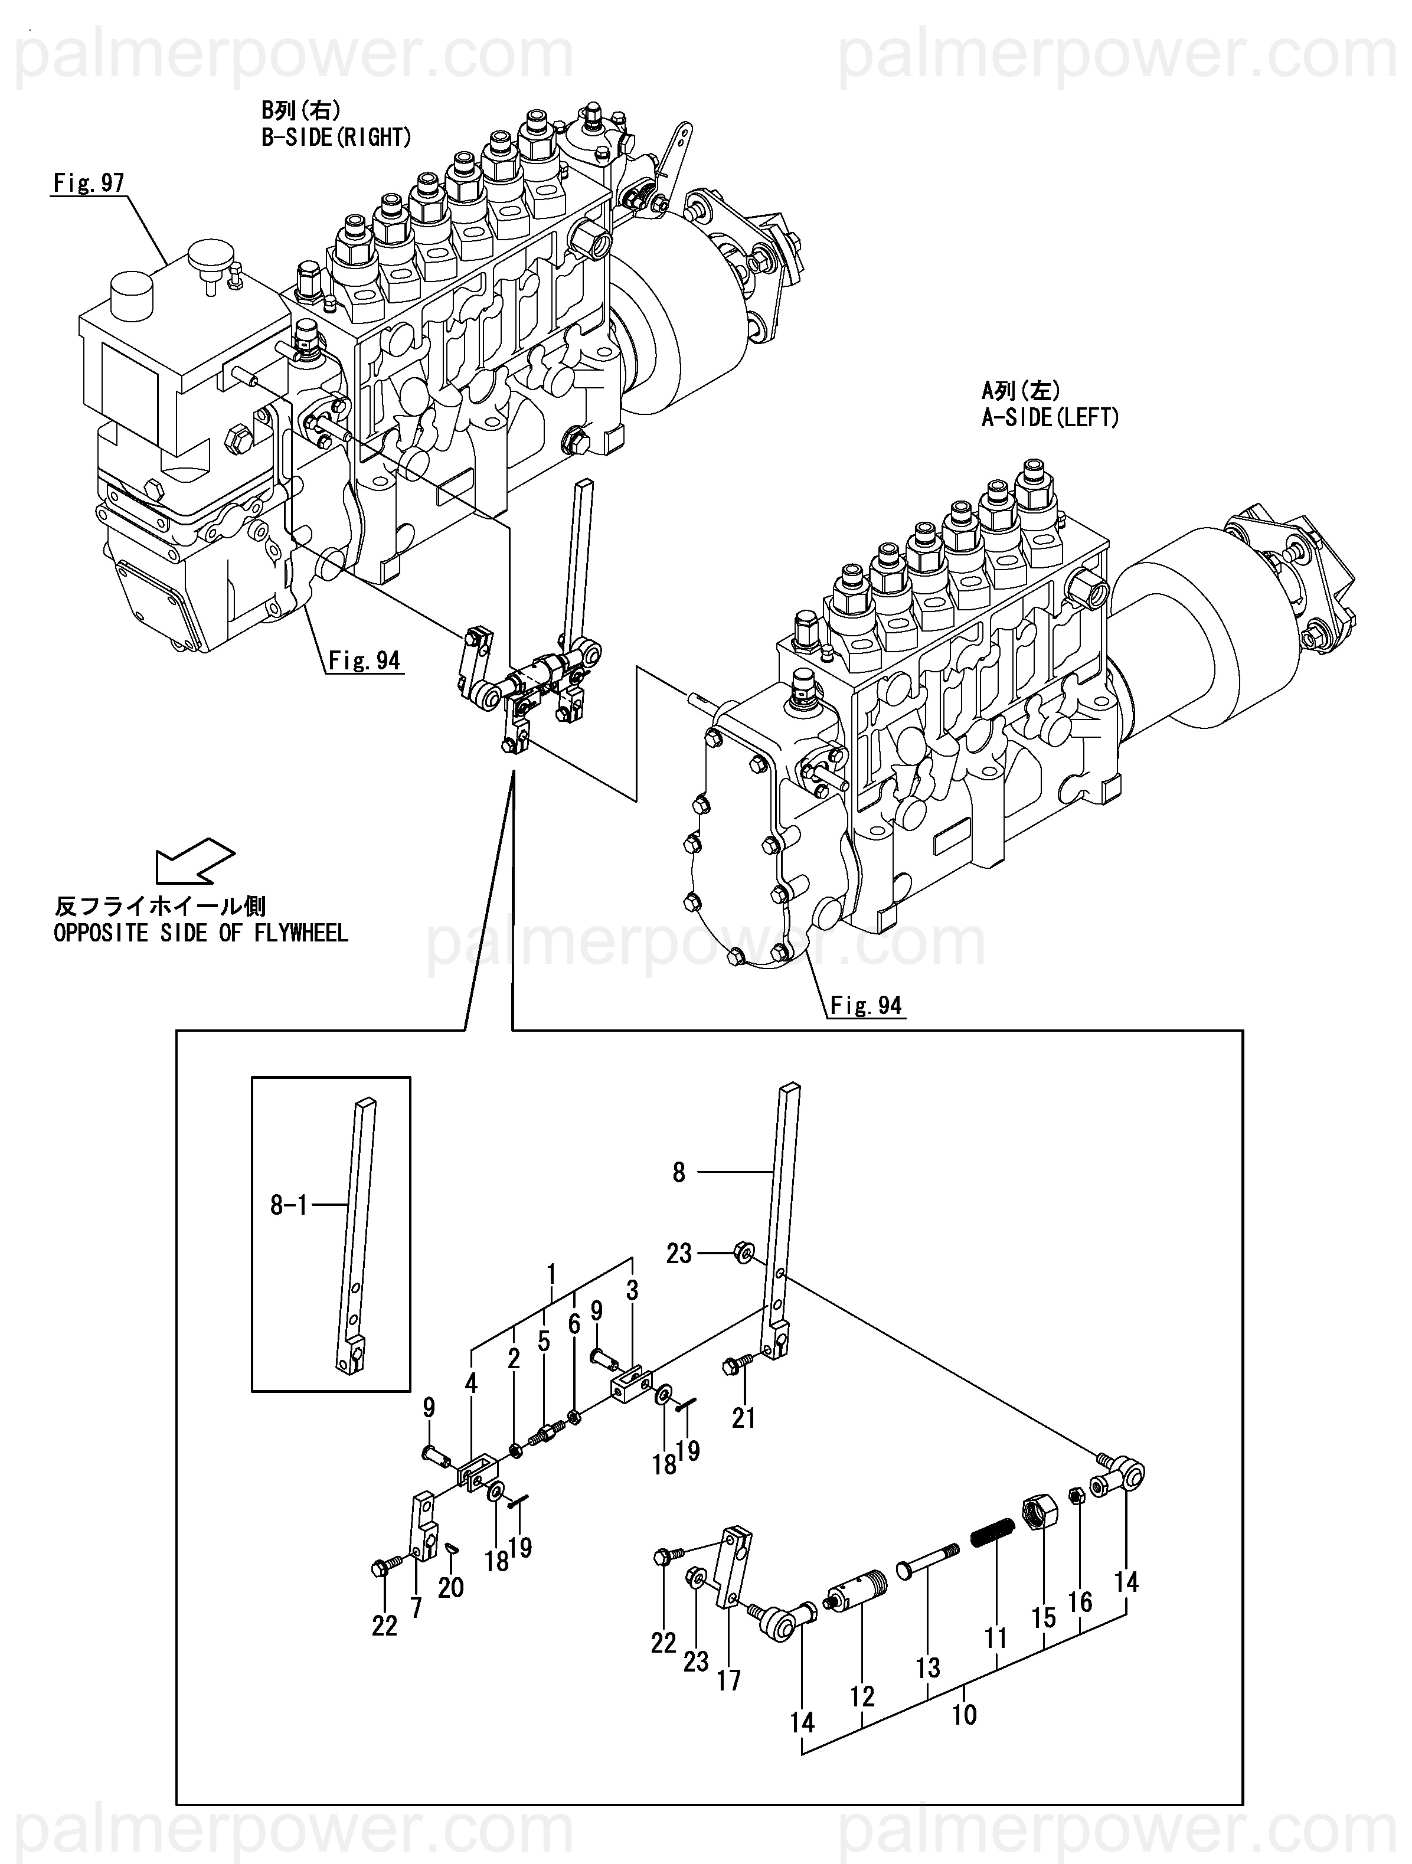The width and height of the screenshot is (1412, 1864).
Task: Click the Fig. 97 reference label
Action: click(89, 183)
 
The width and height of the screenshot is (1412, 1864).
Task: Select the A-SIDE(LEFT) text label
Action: click(1050, 417)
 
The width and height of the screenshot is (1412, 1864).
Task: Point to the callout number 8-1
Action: click(288, 1206)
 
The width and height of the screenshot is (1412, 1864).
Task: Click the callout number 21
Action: click(743, 1418)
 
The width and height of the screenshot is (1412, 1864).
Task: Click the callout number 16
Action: click(1080, 1601)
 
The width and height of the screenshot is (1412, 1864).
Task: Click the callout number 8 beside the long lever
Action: click(679, 1172)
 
